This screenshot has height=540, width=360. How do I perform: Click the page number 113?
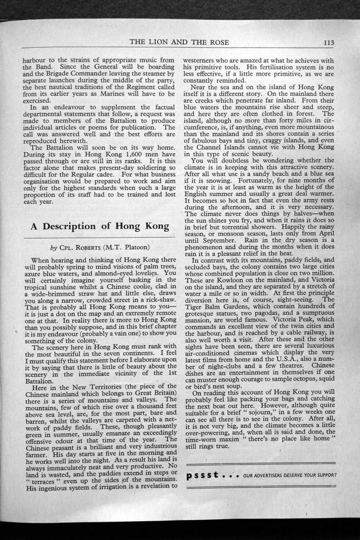coord(328,42)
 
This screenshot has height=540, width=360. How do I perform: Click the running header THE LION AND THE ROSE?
coord(179,42)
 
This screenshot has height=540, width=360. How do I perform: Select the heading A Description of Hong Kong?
coord(100,226)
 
